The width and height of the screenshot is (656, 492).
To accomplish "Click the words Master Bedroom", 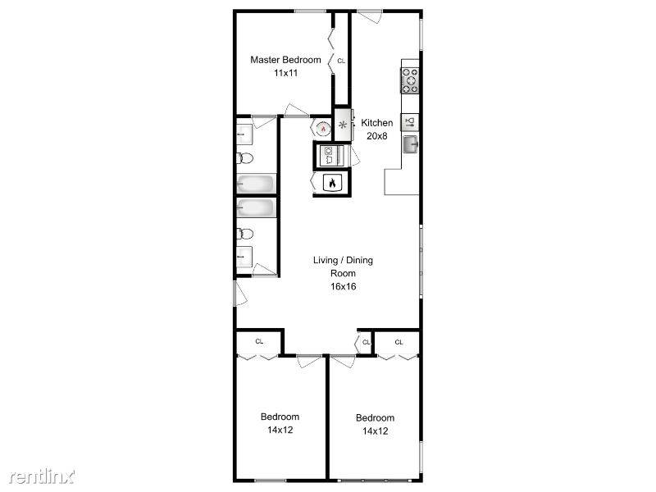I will pos(285,60).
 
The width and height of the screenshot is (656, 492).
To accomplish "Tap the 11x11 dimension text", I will pos(285,73).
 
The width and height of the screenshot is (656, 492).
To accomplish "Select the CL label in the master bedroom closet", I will pos(341,61).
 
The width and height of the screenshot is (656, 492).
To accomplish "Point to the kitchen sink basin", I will pos(411,145).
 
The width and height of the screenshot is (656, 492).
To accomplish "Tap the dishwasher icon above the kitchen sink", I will pos(411,121).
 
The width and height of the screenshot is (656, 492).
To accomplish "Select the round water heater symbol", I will pos(323,128).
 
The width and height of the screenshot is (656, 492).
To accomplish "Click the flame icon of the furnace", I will pos(331,184).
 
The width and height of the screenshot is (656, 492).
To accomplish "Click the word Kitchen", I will pos(377,123).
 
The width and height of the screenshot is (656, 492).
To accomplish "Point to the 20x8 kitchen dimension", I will pos(377,136).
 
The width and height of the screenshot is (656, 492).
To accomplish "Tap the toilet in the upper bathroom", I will pos(244,158).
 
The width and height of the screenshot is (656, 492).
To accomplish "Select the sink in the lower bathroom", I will pos(244,257).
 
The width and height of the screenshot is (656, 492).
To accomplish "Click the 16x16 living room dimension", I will pos(343,287).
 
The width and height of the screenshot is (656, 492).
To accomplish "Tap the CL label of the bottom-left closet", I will pos(258,341).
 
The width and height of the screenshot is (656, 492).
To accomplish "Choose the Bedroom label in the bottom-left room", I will pos(280,416).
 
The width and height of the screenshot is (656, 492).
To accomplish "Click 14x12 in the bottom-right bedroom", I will pos(375,430).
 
